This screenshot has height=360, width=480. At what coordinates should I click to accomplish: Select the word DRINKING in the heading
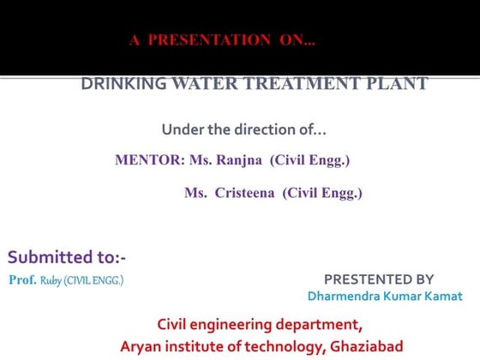(118, 84)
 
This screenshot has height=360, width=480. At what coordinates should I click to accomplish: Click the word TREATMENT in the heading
(285, 84)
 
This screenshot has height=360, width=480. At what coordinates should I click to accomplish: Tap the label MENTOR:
(145, 160)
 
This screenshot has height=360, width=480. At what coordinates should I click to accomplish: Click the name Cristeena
(245, 194)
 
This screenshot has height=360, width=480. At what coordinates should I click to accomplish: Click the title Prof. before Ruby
(22, 280)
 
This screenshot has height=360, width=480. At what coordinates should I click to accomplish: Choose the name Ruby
(51, 280)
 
